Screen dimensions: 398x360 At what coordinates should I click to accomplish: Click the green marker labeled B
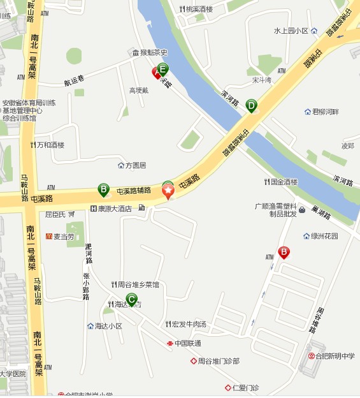point(103,189)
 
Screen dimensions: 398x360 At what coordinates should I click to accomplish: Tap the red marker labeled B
point(284,253)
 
